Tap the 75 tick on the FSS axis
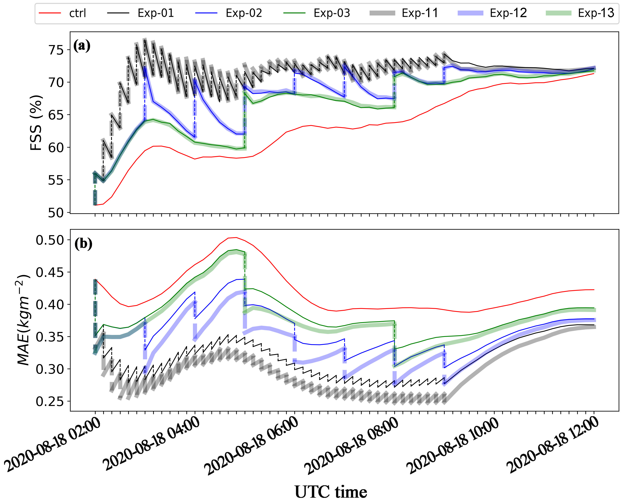point(55,50)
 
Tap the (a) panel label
point(82,46)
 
